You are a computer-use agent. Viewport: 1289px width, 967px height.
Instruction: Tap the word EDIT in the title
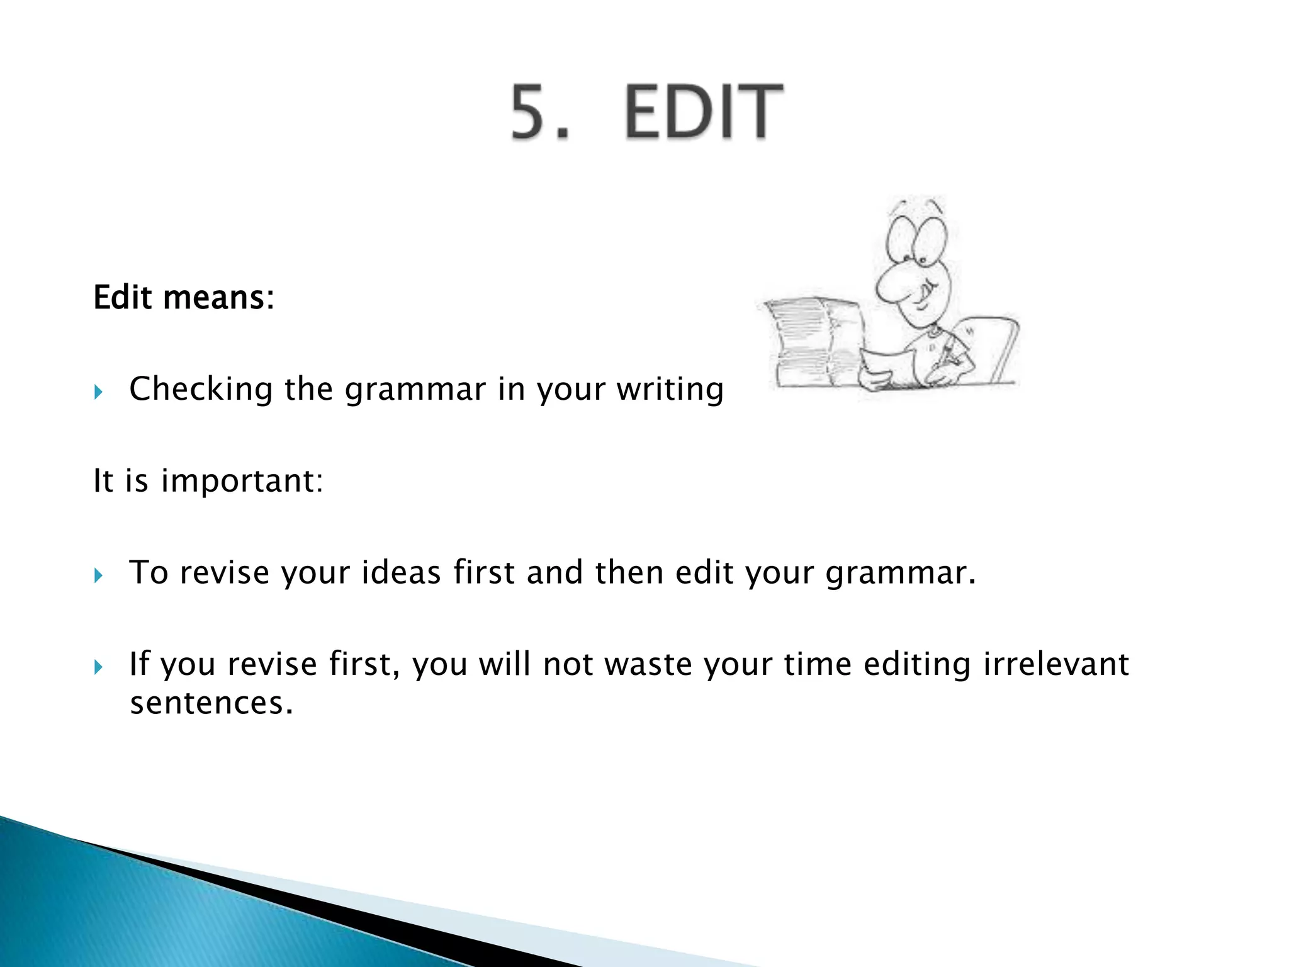click(x=704, y=111)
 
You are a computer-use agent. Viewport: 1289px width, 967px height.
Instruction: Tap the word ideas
click(x=400, y=572)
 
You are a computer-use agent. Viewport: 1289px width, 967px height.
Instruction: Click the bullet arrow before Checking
click(x=98, y=393)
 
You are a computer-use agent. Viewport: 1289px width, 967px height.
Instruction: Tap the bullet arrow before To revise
click(x=98, y=575)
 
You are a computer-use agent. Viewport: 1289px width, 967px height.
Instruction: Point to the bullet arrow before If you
click(x=98, y=667)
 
